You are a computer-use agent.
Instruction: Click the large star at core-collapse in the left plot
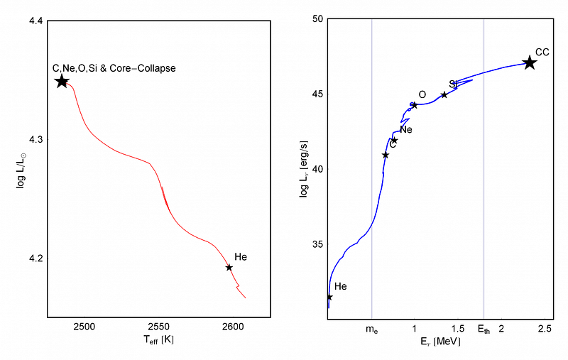pos(62,82)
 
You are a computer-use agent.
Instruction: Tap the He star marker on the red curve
pos(229,268)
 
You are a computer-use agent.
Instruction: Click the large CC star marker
pos(530,63)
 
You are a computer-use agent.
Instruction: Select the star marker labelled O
pos(415,105)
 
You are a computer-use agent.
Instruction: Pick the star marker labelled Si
pos(444,94)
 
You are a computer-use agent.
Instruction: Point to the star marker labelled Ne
pos(394,140)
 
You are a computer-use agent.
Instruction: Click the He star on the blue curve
pos(329,297)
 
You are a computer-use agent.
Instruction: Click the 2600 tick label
pos(233,328)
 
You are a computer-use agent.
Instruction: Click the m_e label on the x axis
pos(371,329)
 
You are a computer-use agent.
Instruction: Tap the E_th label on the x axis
pos(484,329)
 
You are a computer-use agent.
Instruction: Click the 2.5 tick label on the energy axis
pos(545,328)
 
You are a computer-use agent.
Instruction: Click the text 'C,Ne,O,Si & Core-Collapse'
pos(114,68)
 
